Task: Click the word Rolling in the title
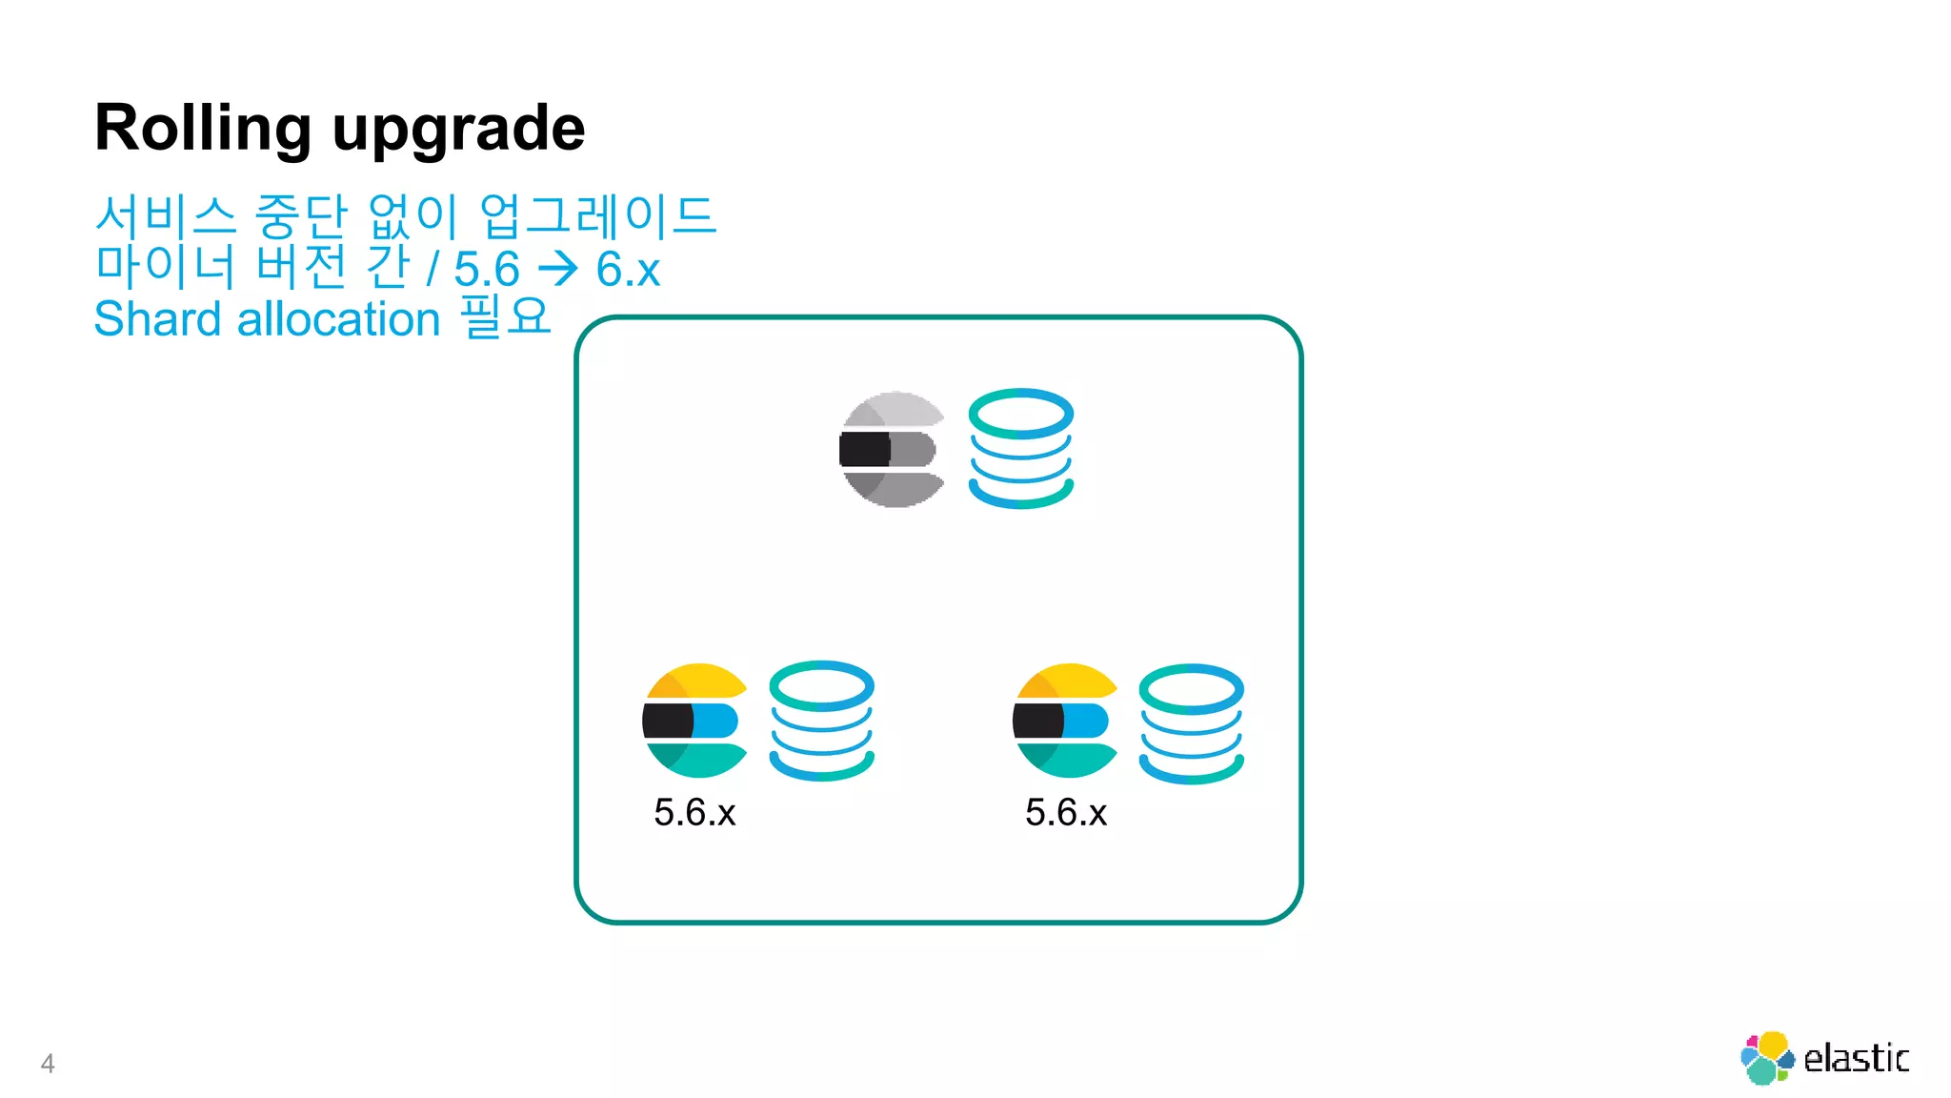coord(202,128)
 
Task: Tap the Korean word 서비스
coord(166,216)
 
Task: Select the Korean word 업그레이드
coord(597,216)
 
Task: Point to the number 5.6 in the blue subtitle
coord(487,269)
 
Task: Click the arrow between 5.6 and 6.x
coord(558,269)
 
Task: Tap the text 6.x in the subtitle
coord(628,269)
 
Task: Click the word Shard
coord(157,319)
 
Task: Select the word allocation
coord(338,319)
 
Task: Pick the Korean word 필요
coord(506,316)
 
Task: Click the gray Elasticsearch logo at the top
coord(893,449)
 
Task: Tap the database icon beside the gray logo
coord(1020,448)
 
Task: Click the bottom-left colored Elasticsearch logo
coord(694,721)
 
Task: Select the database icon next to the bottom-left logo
coord(821,721)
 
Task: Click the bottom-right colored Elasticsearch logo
coord(1065,721)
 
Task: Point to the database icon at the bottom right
coord(1191,723)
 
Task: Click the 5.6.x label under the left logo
coord(694,813)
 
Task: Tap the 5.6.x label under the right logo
coord(1066,813)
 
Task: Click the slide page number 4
coord(48,1064)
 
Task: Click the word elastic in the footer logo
coord(1856,1059)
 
